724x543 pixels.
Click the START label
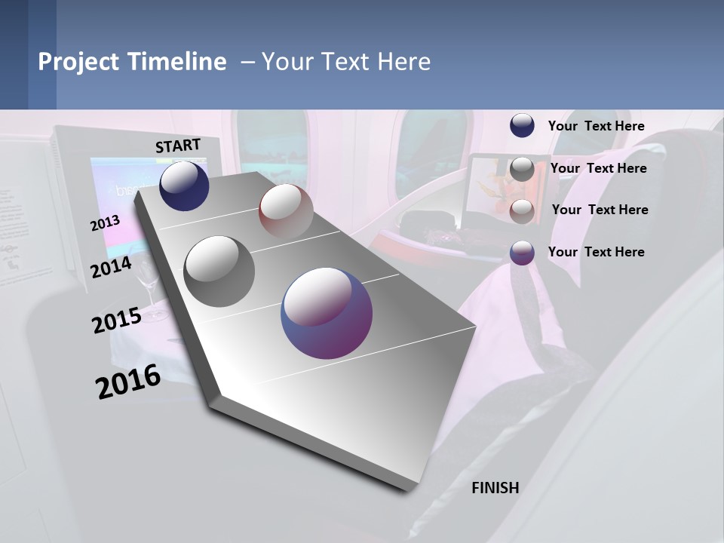click(178, 146)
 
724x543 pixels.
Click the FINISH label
click(495, 488)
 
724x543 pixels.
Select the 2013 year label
click(105, 223)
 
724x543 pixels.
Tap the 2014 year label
click(111, 267)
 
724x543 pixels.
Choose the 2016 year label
click(128, 382)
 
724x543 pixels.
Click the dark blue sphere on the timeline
click(184, 186)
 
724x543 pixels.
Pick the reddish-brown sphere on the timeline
click(286, 211)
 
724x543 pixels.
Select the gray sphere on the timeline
click(219, 271)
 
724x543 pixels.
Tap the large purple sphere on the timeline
click(327, 313)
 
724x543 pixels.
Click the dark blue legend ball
click(522, 126)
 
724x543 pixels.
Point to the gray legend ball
click(522, 169)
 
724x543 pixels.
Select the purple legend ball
click(522, 253)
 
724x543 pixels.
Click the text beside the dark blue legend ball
click(596, 126)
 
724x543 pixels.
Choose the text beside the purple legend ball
click(596, 252)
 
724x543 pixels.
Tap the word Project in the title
click(77, 62)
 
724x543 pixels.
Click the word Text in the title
click(346, 62)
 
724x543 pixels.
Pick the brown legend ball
click(522, 210)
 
